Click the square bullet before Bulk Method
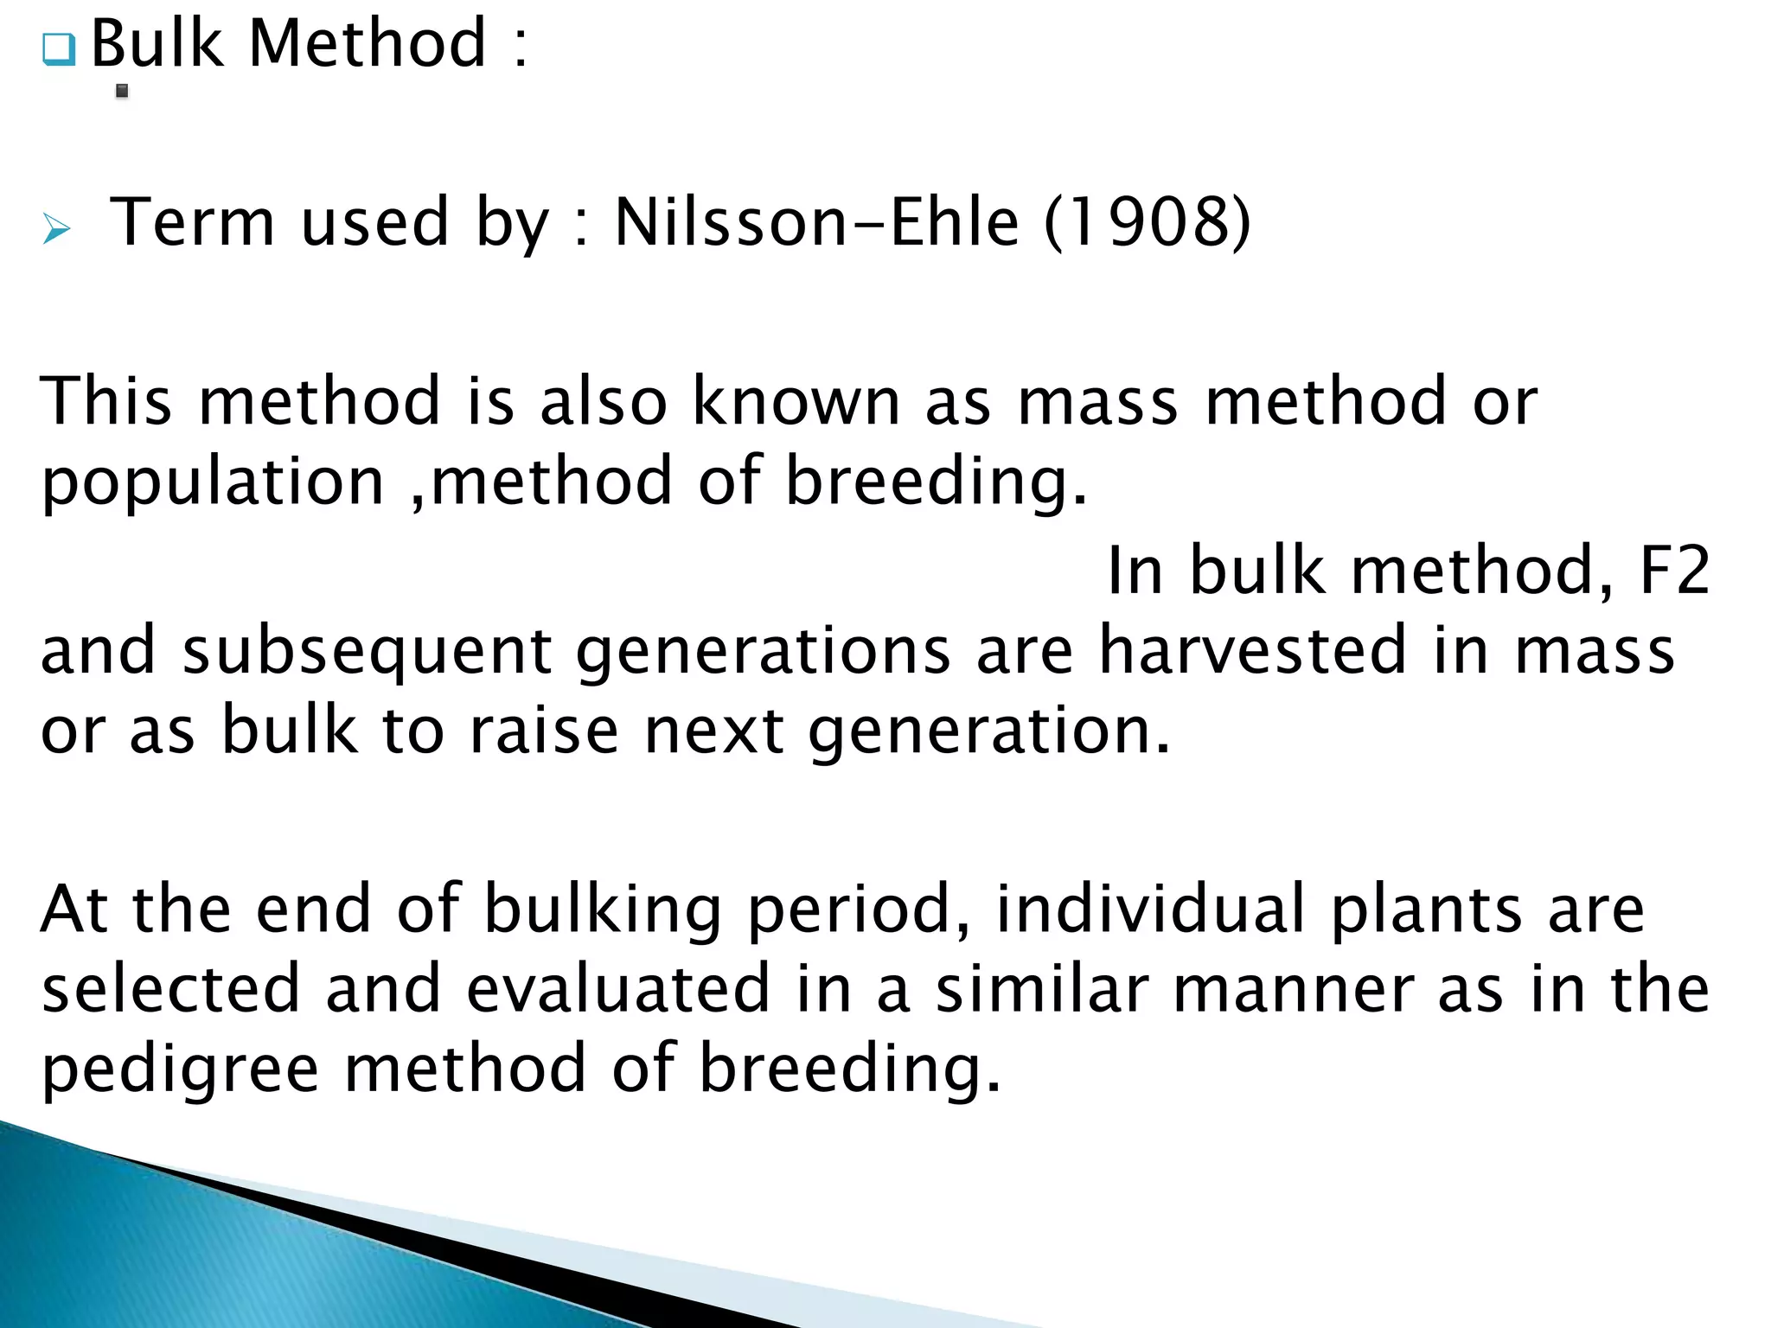point(59,49)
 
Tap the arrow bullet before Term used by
point(56,229)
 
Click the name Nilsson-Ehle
point(816,222)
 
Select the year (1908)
point(1147,222)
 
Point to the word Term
point(192,222)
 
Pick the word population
point(213,482)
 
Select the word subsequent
point(367,651)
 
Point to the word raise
point(543,731)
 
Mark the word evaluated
point(617,989)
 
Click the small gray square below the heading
point(122,91)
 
